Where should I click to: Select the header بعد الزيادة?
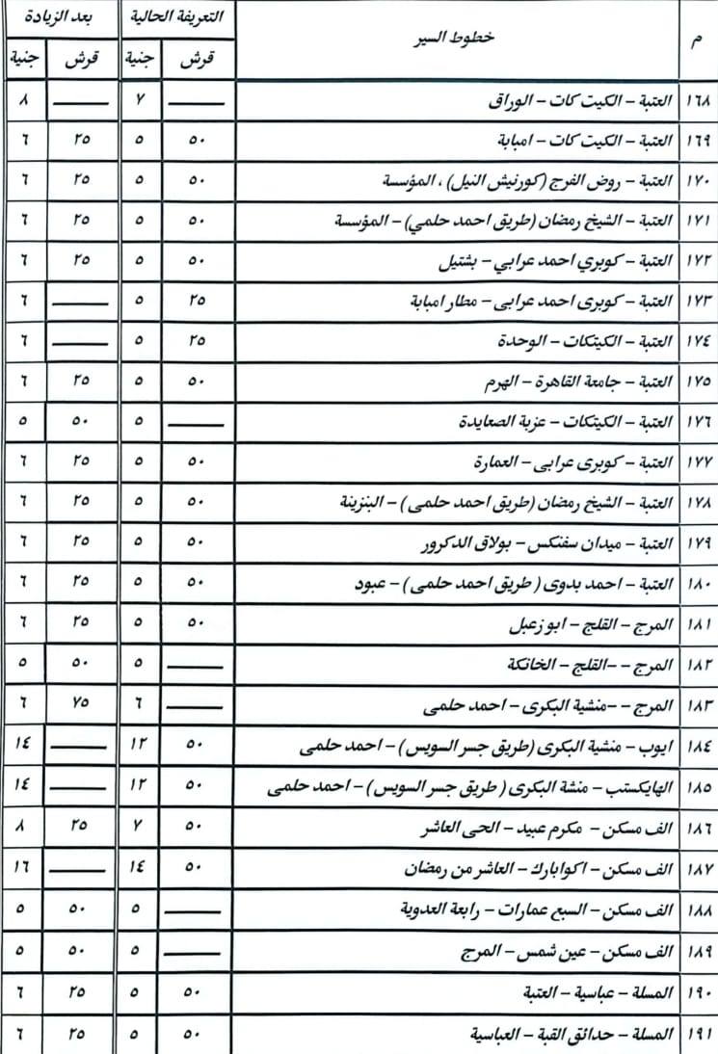(x=57, y=16)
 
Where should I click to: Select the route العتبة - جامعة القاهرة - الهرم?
(x=579, y=382)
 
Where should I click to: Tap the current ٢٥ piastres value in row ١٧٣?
(x=198, y=302)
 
